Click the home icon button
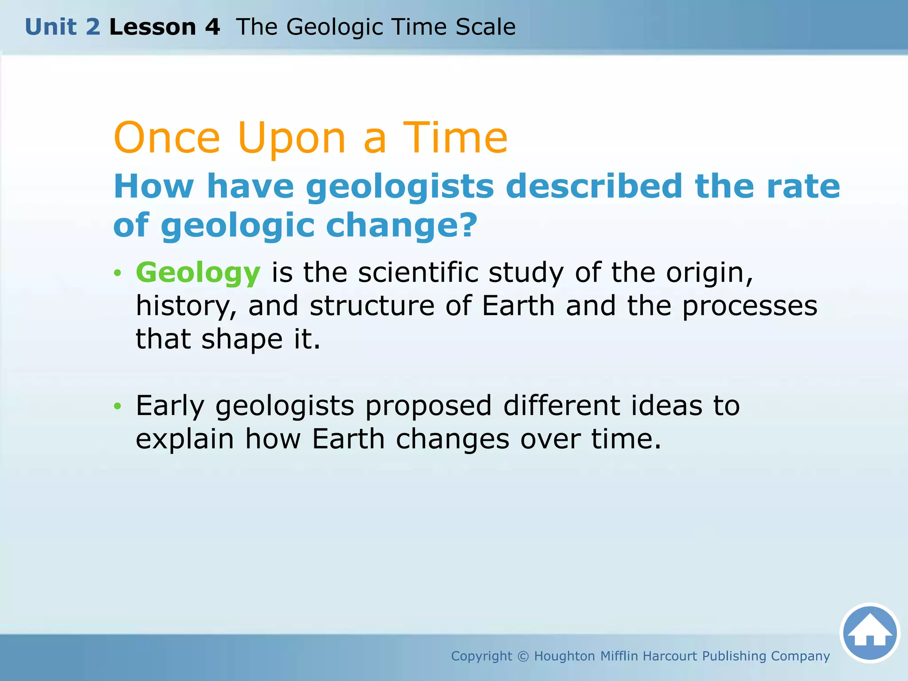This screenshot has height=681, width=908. pyautogui.click(x=870, y=633)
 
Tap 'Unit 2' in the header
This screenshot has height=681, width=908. pyautogui.click(x=63, y=27)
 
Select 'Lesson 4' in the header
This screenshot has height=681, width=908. pyautogui.click(x=164, y=27)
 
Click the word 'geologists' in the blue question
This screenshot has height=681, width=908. pyautogui.click(x=399, y=187)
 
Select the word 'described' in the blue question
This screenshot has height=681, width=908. pyautogui.click(x=594, y=187)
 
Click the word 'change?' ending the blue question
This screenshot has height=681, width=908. pyautogui.click(x=401, y=225)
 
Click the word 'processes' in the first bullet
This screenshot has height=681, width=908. pyautogui.click(x=749, y=306)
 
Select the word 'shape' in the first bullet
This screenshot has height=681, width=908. pyautogui.click(x=242, y=339)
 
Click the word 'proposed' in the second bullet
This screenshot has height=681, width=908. pyautogui.click(x=428, y=406)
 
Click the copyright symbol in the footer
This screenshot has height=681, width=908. pyautogui.click(x=523, y=656)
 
